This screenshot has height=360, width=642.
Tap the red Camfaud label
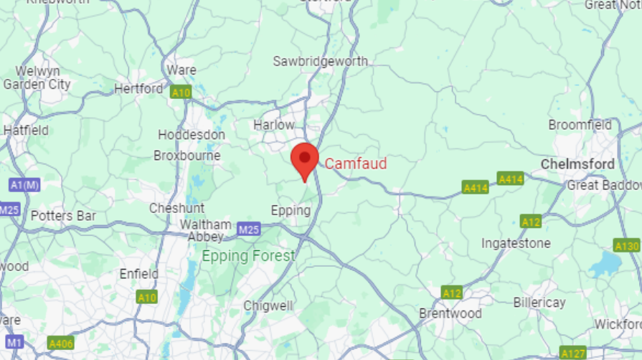[x=356, y=164]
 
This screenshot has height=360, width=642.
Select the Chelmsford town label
[x=577, y=164]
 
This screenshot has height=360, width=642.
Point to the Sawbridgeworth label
[x=320, y=62]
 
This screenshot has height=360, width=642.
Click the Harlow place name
[x=273, y=125]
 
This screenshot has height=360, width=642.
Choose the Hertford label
[x=138, y=89]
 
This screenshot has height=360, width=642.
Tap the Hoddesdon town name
[x=191, y=135]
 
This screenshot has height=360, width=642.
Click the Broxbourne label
[x=187, y=156]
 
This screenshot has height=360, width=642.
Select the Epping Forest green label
[x=248, y=256]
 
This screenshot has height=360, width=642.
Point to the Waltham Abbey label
[x=205, y=230]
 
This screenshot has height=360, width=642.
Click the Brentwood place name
[x=450, y=313]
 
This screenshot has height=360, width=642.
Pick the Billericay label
[x=539, y=303]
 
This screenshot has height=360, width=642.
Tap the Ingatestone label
[x=516, y=243]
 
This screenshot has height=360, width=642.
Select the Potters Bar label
[x=62, y=215]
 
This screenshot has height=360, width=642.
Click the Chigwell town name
[x=268, y=305]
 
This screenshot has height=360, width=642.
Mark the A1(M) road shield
[x=24, y=185]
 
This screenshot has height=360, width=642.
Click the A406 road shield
[x=61, y=344]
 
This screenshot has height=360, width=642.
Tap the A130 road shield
[x=627, y=246]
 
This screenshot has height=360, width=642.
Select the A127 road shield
[x=573, y=353]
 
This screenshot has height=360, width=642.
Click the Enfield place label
[x=139, y=274]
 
